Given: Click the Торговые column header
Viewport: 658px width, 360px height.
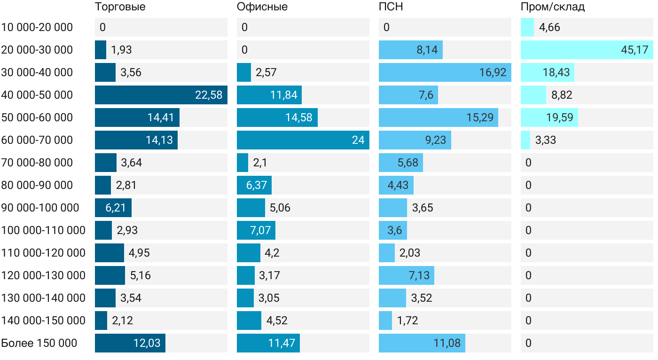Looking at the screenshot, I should (x=120, y=7).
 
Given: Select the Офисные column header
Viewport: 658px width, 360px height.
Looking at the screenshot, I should (x=262, y=7).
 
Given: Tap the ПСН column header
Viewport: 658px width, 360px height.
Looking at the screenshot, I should (x=391, y=7).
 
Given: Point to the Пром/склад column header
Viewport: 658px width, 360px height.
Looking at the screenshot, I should (x=553, y=7).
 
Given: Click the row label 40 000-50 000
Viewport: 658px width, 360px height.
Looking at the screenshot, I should (x=37, y=95).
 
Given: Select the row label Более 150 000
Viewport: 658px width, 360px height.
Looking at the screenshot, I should (x=39, y=343).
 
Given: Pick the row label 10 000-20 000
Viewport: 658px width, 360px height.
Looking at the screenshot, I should (x=37, y=27).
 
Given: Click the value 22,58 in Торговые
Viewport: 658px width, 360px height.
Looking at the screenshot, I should (x=209, y=95).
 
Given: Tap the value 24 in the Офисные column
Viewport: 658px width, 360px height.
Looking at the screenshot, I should (x=358, y=140).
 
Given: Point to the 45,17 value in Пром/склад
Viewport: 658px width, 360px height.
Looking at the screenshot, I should (x=634, y=50).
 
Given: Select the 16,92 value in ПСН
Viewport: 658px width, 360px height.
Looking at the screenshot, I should (x=493, y=72).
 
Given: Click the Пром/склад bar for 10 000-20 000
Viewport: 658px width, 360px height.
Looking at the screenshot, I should (x=527, y=27).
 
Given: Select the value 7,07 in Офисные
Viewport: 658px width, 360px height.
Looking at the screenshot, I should (x=257, y=230).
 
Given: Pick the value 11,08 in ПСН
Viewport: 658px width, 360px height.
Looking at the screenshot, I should (x=447, y=343).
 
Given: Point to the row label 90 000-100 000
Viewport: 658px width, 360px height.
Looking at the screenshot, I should (x=40, y=208).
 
